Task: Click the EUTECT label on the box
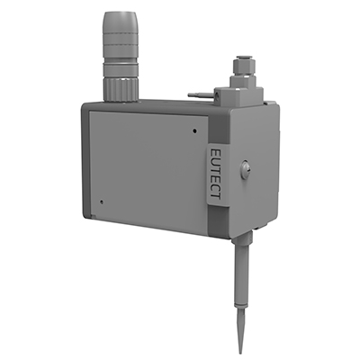(x=216, y=174)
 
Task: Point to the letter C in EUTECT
(x=216, y=186)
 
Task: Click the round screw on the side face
(x=245, y=169)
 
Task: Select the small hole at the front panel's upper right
(x=195, y=130)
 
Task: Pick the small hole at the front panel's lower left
(x=102, y=202)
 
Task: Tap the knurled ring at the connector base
(x=120, y=88)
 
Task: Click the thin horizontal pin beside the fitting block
(x=201, y=95)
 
